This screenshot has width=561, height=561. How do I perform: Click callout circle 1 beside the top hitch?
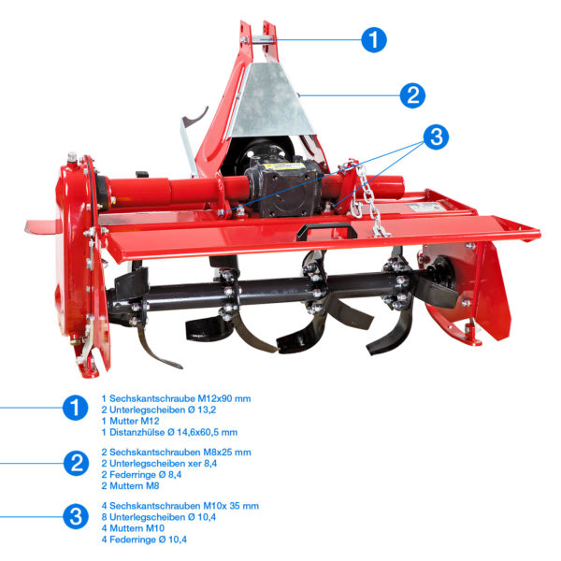coord(374,39)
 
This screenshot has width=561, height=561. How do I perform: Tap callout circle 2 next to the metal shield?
coord(413,95)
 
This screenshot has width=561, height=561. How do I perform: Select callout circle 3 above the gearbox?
coord(436,137)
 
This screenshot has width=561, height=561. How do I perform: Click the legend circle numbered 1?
coord(75,408)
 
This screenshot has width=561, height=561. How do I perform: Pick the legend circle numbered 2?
coord(77,464)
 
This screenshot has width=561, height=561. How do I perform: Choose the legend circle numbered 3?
coord(76,517)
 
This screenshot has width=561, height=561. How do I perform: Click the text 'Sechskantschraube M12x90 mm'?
coord(180,398)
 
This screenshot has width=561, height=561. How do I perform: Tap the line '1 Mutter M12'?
coord(130,421)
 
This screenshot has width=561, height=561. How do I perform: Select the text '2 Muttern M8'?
coord(130,486)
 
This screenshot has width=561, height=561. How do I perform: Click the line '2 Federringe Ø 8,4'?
coord(141,475)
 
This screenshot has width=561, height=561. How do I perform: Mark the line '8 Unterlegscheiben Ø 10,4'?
coord(159,517)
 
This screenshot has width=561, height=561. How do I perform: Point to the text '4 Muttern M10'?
coord(133,528)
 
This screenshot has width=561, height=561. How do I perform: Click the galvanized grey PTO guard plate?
coord(270,102)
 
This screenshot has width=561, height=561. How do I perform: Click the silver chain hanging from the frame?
coord(368,200)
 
